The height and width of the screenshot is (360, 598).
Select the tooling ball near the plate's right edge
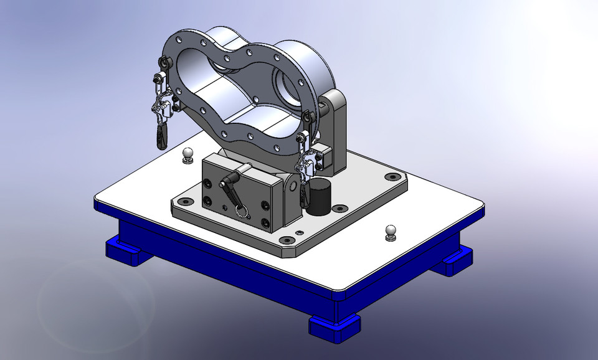391,230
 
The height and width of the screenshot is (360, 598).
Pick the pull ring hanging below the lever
242,210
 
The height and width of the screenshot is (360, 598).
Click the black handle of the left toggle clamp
162,135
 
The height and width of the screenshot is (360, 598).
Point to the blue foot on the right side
453,262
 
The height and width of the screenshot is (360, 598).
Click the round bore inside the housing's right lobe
285,82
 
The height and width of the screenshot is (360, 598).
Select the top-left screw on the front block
207,182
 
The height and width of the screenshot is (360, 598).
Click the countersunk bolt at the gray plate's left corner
184,202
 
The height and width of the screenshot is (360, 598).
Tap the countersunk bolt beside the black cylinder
340,209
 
